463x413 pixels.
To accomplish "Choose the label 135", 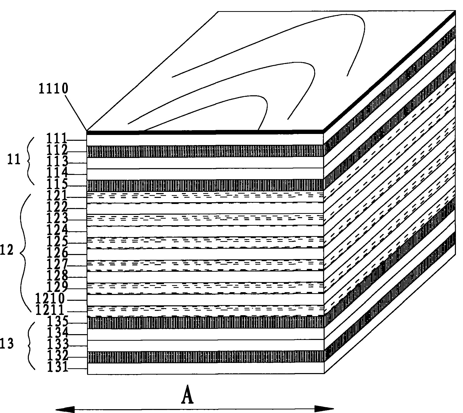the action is point(58,322).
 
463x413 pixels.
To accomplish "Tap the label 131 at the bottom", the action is point(58,367).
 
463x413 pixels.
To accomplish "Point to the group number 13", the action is point(7,344).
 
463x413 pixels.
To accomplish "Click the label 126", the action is point(58,253).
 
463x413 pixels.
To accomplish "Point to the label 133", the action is point(58,344).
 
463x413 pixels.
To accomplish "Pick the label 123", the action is point(58,218).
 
